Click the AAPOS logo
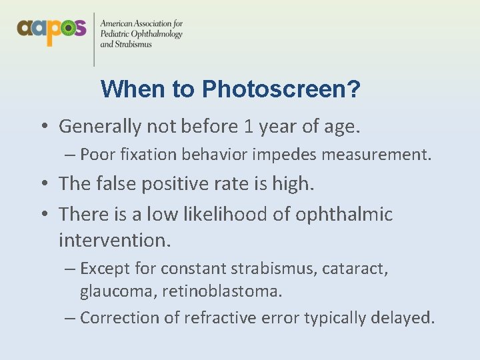(51, 29)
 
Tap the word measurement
(387, 155)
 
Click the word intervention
(115, 239)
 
